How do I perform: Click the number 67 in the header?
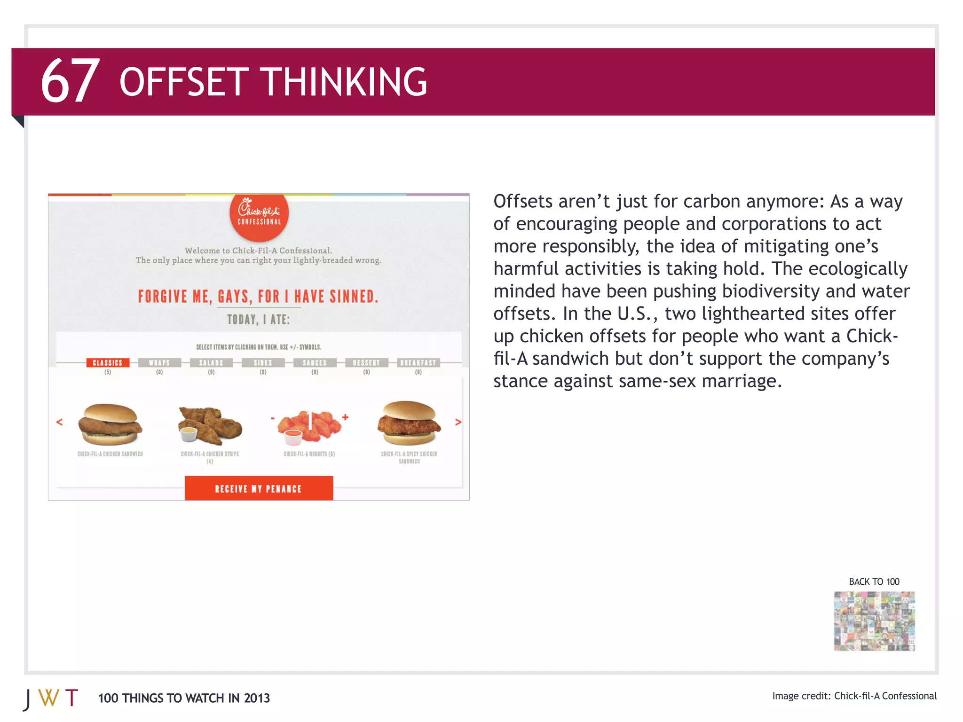[70, 81]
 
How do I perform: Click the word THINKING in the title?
[344, 82]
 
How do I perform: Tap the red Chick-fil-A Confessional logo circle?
[259, 215]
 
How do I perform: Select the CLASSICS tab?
[108, 362]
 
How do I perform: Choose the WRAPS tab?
[159, 362]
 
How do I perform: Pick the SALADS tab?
[211, 362]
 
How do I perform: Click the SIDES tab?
[263, 362]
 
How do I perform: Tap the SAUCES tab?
[315, 362]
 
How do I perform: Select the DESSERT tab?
[366, 362]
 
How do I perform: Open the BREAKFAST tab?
[418, 362]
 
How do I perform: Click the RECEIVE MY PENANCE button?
[259, 488]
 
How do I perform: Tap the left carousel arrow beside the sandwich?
[59, 422]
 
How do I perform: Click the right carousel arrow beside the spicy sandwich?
[458, 422]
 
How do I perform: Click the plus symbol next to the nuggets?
[345, 417]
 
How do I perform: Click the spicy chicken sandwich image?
[409, 423]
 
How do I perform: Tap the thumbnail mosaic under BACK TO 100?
[874, 621]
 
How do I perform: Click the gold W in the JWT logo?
[49, 698]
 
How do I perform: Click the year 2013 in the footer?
[257, 698]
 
